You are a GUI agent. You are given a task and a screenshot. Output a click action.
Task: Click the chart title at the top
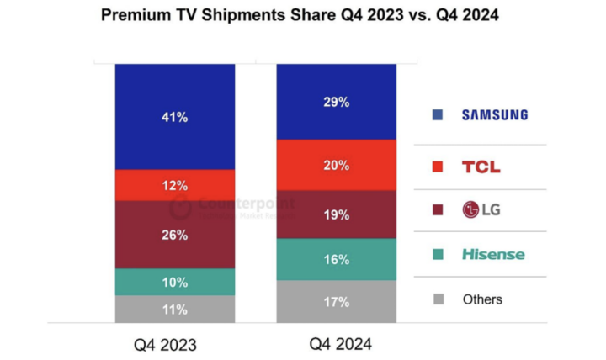[300, 15]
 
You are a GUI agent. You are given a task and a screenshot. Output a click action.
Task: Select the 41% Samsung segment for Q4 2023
[175, 117]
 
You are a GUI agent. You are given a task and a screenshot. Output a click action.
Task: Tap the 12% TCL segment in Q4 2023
[175, 185]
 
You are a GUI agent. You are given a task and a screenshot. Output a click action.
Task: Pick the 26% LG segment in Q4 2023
[175, 235]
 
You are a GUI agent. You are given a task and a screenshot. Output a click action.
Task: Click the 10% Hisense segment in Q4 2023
[175, 282]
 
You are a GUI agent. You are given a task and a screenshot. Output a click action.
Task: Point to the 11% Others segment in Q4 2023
[175, 309]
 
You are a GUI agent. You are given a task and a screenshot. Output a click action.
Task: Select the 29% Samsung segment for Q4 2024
[337, 102]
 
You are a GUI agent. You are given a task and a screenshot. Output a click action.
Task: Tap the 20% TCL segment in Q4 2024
[337, 165]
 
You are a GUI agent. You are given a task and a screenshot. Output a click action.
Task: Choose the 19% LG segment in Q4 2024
[337, 214]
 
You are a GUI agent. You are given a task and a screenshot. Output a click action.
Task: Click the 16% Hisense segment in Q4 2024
[337, 259]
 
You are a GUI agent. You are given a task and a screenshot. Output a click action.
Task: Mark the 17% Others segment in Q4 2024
[337, 301]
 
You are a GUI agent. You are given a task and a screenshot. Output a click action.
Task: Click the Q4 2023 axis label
[175, 345]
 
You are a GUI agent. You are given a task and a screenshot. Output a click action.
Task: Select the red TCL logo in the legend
[481, 167]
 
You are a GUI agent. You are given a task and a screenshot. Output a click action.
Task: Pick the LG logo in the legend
[481, 209]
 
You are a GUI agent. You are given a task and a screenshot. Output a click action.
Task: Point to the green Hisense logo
[492, 254]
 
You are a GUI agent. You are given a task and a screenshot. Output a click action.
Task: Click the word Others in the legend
[482, 299]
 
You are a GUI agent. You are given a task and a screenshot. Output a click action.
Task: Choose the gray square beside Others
[437, 299]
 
